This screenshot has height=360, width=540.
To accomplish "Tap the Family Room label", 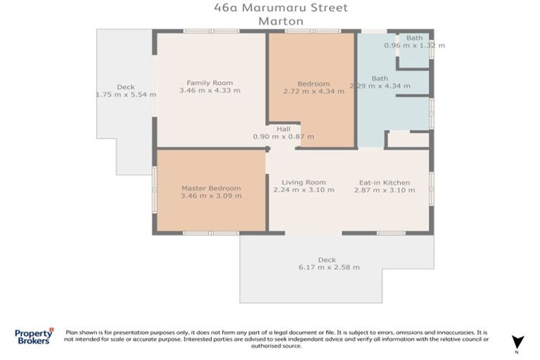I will (x=210, y=83).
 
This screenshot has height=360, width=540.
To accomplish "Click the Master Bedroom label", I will (x=211, y=188).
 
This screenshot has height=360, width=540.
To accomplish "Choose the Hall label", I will (x=283, y=129).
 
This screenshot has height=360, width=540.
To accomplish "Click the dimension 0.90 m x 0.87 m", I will (x=283, y=136).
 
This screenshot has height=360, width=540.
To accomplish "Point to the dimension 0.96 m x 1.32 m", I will (x=414, y=45).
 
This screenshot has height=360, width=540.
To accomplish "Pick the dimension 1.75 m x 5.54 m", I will (x=126, y=94).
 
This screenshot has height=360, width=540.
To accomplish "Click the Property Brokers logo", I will (x=34, y=336).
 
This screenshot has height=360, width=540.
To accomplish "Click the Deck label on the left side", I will (x=126, y=87).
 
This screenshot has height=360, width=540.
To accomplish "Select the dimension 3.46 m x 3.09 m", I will (x=211, y=196).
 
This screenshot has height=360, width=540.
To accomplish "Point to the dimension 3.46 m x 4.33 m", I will (x=210, y=91).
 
